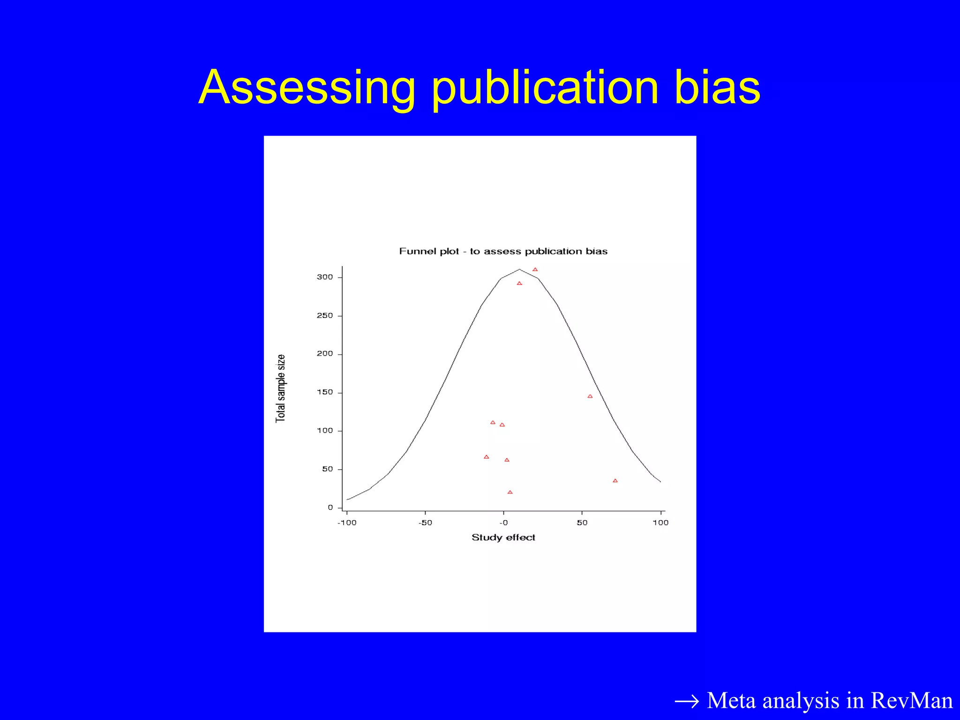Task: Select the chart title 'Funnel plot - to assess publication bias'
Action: [503, 251]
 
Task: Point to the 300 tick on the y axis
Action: [325, 277]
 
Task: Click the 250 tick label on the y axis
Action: [325, 315]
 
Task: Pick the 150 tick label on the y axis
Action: [325, 392]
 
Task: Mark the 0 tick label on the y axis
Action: [330, 508]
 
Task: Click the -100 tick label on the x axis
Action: [347, 523]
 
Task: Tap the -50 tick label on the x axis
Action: [425, 523]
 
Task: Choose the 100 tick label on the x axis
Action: [660, 523]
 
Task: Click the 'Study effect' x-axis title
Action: [503, 538]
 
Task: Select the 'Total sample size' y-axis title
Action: [280, 388]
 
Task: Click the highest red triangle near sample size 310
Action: [535, 270]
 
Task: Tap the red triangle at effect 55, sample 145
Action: [590, 397]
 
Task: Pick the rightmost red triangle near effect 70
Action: [615, 481]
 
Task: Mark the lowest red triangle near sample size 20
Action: [510, 492]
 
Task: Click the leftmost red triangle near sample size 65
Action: [486, 457]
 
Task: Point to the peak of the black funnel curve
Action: [519, 270]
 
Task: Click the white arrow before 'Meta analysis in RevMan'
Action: [686, 702]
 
